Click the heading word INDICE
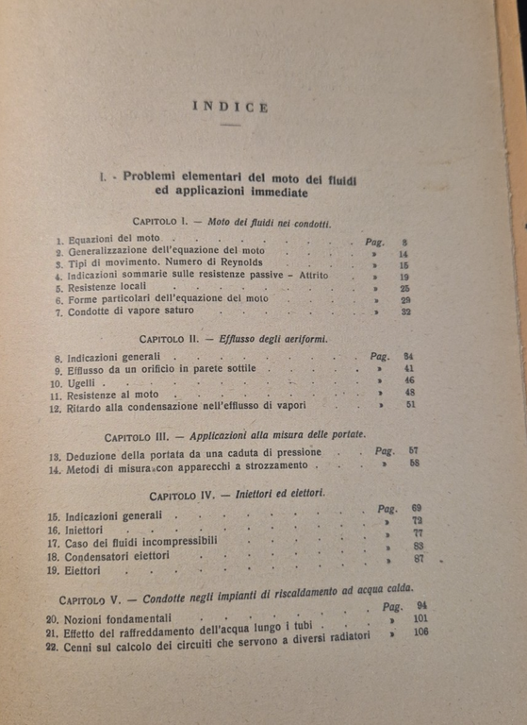click(230, 107)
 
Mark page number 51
click(410, 405)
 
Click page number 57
click(413, 452)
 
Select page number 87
click(419, 559)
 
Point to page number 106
click(419, 632)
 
